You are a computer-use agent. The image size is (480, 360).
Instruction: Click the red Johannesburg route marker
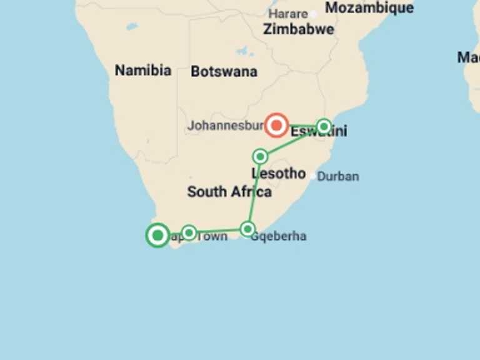pyautogui.click(x=276, y=125)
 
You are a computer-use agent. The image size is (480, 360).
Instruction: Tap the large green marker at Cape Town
pyautogui.click(x=157, y=236)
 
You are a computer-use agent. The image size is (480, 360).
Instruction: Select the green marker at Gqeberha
pyautogui.click(x=247, y=229)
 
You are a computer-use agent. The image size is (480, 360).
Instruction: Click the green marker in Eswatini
pyautogui.click(x=324, y=127)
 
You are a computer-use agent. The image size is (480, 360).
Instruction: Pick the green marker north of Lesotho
pyautogui.click(x=260, y=156)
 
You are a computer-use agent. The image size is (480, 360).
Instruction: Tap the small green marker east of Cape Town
pyautogui.click(x=189, y=233)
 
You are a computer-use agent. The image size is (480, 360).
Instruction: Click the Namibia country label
pyautogui.click(x=143, y=70)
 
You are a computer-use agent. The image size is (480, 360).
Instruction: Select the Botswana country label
pyautogui.click(x=224, y=71)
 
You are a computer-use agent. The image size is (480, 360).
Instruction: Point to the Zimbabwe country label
pyautogui.click(x=298, y=29)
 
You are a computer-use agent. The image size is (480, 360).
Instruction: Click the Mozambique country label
pyautogui.click(x=369, y=8)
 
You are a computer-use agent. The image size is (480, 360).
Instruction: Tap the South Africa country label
pyautogui.click(x=229, y=192)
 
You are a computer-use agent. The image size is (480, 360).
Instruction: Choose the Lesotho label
pyautogui.click(x=279, y=173)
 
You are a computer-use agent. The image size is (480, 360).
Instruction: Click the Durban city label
pyautogui.click(x=338, y=176)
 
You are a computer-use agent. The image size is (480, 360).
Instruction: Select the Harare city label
pyautogui.click(x=288, y=14)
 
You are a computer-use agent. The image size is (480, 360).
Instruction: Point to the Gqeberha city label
pyautogui.click(x=279, y=237)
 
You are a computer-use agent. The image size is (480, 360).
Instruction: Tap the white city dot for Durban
pyautogui.click(x=313, y=176)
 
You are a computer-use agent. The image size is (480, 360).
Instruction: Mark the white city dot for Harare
pyautogui.click(x=313, y=14)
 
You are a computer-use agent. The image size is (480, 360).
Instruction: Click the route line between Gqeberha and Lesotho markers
pyautogui.click(x=254, y=192)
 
